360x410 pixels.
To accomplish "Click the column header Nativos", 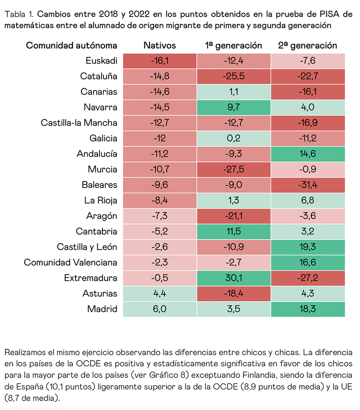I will pyautogui.click(x=160, y=45).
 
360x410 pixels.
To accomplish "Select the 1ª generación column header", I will pyautogui.click(x=234, y=45).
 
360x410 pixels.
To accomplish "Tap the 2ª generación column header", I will pyautogui.click(x=308, y=45).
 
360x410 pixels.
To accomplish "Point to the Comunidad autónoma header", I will pyautogui.click(x=72, y=45).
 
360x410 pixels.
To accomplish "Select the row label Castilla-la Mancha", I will pyautogui.click(x=79, y=123).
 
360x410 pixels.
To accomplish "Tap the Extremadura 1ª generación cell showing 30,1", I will pyautogui.click(x=234, y=278).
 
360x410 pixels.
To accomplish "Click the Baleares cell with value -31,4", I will pyautogui.click(x=308, y=185).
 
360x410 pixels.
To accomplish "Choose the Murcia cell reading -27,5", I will pyautogui.click(x=234, y=169).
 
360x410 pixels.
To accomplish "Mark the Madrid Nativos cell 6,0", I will pyautogui.click(x=160, y=309).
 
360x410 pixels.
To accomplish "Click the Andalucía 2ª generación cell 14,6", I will pyautogui.click(x=308, y=154).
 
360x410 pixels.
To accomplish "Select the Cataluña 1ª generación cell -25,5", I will pyautogui.click(x=234, y=76).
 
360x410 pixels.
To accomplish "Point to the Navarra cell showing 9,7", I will pyautogui.click(x=234, y=107).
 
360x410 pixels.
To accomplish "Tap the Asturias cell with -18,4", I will pyautogui.click(x=234, y=294).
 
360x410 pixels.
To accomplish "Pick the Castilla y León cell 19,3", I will pyautogui.click(x=308, y=247).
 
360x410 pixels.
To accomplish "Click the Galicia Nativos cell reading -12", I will pyautogui.click(x=160, y=138).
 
